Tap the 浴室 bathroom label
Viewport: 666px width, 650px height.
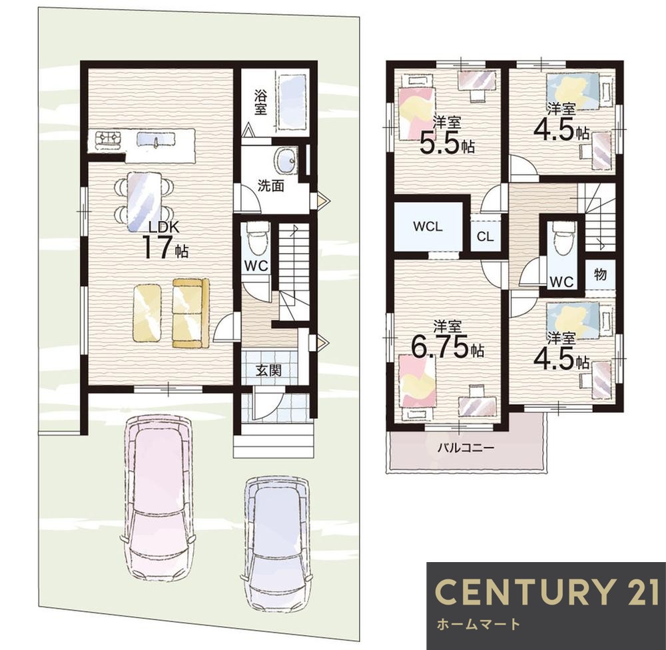pyautogui.click(x=260, y=102)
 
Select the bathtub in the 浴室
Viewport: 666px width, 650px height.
pyautogui.click(x=292, y=102)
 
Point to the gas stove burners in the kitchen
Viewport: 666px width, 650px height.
pyautogui.click(x=108, y=139)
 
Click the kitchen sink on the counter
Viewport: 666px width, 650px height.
pyautogui.click(x=156, y=139)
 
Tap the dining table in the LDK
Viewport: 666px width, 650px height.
pyautogui.click(x=145, y=201)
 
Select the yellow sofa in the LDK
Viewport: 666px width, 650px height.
pyautogui.click(x=190, y=314)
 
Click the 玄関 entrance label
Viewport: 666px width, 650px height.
pyautogui.click(x=268, y=370)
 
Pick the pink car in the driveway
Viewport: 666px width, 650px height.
pyautogui.click(x=159, y=497)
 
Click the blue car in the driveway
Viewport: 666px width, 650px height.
pyautogui.click(x=277, y=544)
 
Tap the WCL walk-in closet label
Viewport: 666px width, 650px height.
pyautogui.click(x=428, y=226)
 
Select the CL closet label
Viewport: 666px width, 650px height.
pyautogui.click(x=485, y=236)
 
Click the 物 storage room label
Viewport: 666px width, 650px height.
pyautogui.click(x=600, y=275)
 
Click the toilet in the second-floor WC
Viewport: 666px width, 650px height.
pyautogui.click(x=562, y=240)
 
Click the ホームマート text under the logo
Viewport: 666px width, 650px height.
pyautogui.click(x=478, y=624)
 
